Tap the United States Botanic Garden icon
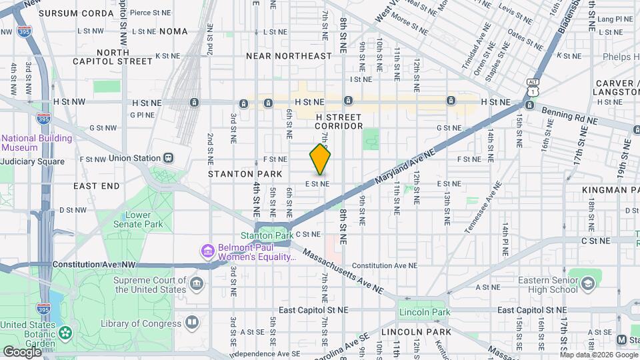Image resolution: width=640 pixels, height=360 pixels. click(65, 332)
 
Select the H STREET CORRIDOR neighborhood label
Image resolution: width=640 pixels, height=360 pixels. click(339, 121)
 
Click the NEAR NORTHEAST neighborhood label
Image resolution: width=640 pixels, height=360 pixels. click(289, 56)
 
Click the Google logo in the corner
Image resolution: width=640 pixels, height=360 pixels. click(22, 351)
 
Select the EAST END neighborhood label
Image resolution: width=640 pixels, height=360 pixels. click(97, 185)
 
